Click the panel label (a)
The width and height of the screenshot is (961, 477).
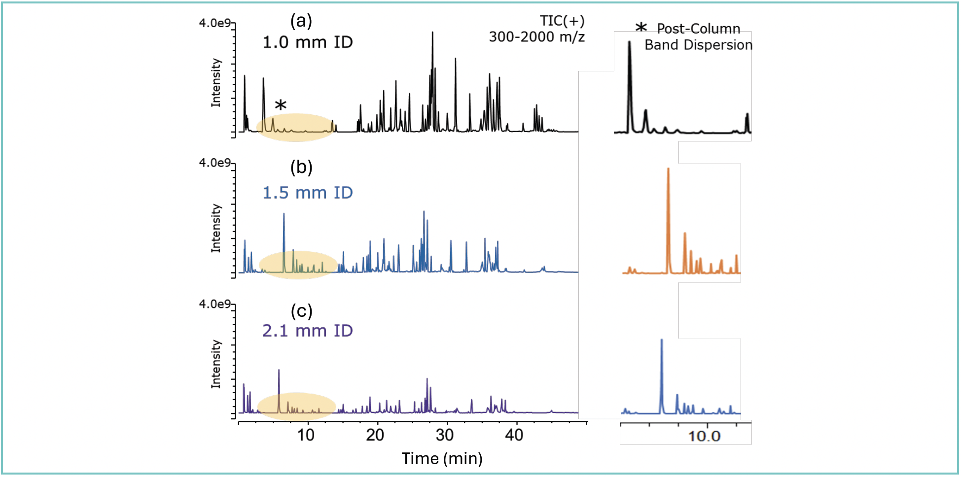point(301,21)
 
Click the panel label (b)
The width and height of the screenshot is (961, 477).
point(301,167)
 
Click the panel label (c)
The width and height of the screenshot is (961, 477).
point(301,311)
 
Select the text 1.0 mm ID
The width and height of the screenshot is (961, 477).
point(308,42)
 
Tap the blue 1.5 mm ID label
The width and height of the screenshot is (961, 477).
point(308,193)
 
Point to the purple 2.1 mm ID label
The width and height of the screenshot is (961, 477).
point(308,331)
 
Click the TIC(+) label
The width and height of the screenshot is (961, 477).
point(562,21)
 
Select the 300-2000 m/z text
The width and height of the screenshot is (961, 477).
point(536,37)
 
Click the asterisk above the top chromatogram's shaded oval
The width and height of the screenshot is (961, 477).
point(281,105)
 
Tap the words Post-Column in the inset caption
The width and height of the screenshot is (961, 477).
point(698,29)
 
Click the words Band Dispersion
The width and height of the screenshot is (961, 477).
point(698,45)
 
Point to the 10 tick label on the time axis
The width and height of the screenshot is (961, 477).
point(306,435)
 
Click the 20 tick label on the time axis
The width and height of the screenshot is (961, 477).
point(375,435)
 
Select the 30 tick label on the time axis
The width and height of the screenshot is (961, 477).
point(445,435)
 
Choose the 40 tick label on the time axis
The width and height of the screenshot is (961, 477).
point(514,435)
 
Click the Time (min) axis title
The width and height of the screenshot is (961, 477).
point(442,459)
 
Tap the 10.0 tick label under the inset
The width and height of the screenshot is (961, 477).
point(704,436)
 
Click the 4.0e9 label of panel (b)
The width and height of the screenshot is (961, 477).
point(214,163)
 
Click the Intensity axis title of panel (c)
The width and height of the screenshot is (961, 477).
point(216,364)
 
